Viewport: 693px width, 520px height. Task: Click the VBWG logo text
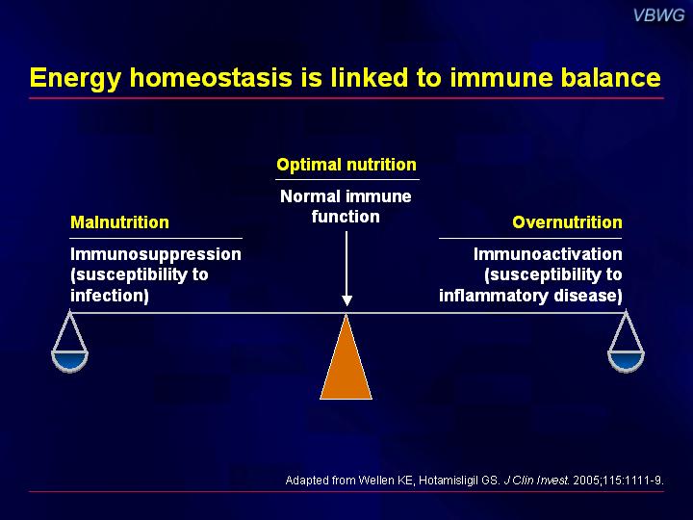[x=658, y=15]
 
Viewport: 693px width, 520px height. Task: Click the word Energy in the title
[x=75, y=78]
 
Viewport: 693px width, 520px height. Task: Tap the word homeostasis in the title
[x=211, y=77]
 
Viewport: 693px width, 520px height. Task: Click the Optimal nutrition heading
[x=346, y=165]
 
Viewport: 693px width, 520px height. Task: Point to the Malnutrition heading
[x=119, y=222]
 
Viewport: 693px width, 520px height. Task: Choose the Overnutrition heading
[x=568, y=222]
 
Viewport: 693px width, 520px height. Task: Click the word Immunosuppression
[x=156, y=254]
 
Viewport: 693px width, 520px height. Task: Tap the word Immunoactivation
[x=548, y=254]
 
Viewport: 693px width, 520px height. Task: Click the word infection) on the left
[x=110, y=296]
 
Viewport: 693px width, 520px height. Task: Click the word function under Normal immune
[x=346, y=217]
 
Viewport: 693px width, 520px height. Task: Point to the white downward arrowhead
[x=346, y=300]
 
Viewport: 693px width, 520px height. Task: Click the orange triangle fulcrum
[x=346, y=363]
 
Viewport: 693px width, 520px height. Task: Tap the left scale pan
[x=70, y=360]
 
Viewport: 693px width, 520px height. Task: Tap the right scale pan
[x=626, y=360]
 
